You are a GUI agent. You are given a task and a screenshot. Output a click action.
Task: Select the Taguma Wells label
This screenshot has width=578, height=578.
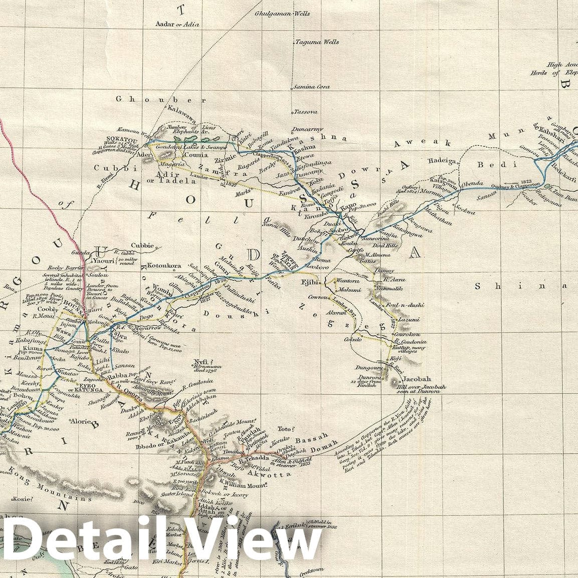point(317,42)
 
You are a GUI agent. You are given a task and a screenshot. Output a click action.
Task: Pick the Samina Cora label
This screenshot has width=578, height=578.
point(312,87)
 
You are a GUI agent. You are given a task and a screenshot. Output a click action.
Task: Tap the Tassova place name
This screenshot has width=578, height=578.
point(306,111)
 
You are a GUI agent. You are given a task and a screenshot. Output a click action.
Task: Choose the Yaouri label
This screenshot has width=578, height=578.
point(101,261)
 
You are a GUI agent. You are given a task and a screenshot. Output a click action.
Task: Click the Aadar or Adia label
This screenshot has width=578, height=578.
point(177,24)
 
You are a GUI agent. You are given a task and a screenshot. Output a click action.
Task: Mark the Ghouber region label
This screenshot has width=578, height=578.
point(161,99)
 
